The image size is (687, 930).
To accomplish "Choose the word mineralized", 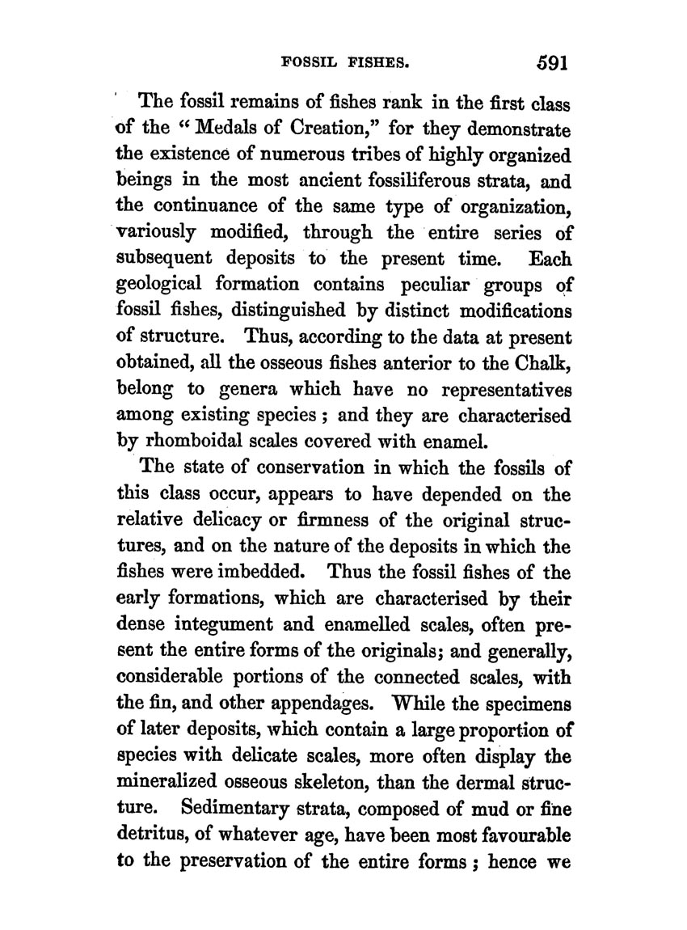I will (181, 780).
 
